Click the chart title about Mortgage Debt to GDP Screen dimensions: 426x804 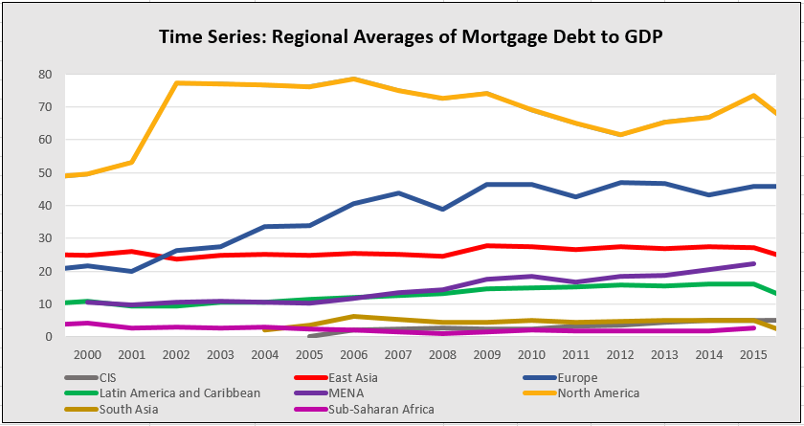403,37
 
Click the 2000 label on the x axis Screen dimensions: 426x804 87,354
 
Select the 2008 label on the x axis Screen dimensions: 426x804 442,354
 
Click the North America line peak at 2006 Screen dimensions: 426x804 354,78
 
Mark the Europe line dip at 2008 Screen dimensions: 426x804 442,209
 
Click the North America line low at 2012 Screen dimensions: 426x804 620,134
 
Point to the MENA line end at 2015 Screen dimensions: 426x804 753,263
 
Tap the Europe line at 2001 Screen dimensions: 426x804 131,271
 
